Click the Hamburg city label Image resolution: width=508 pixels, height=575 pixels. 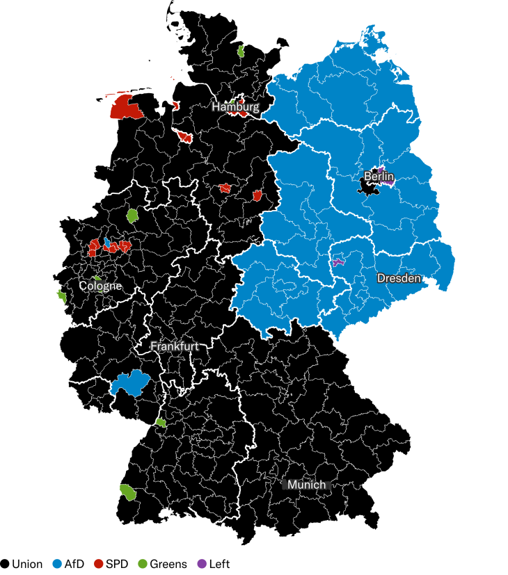click(235, 108)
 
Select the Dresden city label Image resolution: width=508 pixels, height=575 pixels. click(399, 278)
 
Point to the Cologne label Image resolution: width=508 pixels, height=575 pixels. click(100, 286)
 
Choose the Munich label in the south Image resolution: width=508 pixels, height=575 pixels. click(306, 485)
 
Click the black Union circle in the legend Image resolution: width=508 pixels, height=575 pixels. click(5, 564)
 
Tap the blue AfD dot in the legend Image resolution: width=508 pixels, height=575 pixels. click(57, 564)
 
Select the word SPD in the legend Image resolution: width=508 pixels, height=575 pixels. click(116, 564)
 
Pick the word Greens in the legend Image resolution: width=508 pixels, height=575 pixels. click(168, 564)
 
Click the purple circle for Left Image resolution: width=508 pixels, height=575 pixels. click(202, 564)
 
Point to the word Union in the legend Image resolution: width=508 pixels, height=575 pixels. click(27, 564)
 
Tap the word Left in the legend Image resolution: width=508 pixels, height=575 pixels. click(219, 564)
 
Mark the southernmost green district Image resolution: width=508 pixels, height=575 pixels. click(128, 492)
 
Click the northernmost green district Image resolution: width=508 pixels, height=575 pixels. click(241, 50)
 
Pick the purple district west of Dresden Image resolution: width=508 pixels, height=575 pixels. click(338, 262)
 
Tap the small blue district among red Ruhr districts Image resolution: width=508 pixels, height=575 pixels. click(107, 243)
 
